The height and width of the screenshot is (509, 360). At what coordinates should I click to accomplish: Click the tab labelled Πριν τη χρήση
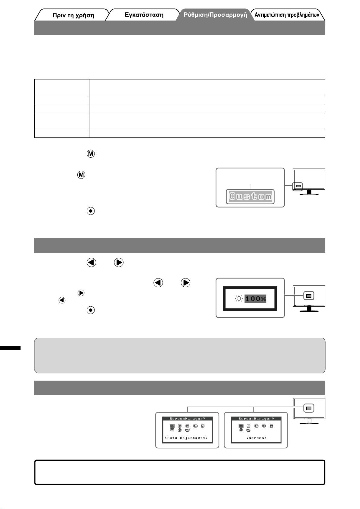(73, 15)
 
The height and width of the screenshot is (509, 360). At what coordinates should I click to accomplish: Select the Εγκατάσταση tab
(144, 15)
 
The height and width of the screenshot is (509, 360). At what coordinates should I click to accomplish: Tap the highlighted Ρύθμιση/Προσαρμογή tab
(215, 15)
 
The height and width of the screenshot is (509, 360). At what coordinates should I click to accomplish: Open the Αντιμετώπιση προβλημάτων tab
(287, 15)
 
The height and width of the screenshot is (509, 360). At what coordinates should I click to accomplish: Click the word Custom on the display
(250, 197)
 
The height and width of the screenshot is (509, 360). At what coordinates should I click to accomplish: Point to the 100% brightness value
(255, 299)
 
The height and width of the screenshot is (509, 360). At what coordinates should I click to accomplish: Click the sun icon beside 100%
(239, 299)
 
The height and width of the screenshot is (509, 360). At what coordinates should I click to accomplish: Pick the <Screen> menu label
(256, 438)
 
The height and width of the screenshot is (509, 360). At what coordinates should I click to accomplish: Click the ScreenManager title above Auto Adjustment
(187, 419)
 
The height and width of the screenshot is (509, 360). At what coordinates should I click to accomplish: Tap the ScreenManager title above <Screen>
(256, 419)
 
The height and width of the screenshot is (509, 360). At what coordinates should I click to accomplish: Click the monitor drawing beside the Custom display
(309, 181)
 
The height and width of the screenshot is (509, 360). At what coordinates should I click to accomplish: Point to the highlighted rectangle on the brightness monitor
(309, 296)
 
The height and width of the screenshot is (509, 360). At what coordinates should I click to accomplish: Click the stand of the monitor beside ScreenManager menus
(309, 421)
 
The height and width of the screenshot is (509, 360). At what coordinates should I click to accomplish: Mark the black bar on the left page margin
(10, 348)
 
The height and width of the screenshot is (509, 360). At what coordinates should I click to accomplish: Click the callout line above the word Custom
(250, 187)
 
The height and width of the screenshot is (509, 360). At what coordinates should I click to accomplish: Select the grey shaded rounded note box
(180, 355)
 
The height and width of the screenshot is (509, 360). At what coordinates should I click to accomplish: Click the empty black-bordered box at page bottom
(180, 472)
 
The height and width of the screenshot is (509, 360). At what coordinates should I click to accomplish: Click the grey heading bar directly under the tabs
(180, 28)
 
